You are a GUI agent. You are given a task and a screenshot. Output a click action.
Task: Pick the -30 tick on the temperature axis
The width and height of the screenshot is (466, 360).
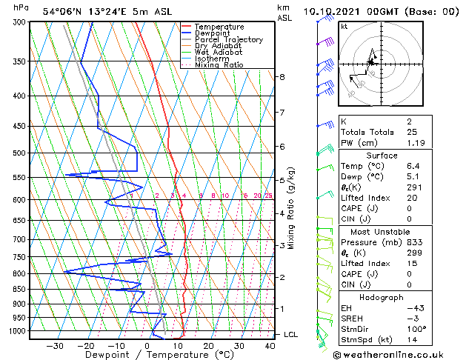point(55,346)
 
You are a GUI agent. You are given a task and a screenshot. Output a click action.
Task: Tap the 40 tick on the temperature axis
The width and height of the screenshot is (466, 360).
point(269,346)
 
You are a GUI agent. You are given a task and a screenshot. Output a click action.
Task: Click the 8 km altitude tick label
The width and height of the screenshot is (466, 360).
point(282,77)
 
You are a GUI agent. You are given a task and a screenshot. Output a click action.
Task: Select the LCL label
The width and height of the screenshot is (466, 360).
point(290,335)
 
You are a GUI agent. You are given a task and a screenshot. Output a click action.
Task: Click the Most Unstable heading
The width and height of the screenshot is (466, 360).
point(382,231)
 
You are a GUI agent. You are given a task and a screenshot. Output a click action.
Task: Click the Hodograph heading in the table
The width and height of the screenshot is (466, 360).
point(382,297)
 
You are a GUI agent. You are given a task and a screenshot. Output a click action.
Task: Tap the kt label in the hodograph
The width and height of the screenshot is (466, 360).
point(344,26)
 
